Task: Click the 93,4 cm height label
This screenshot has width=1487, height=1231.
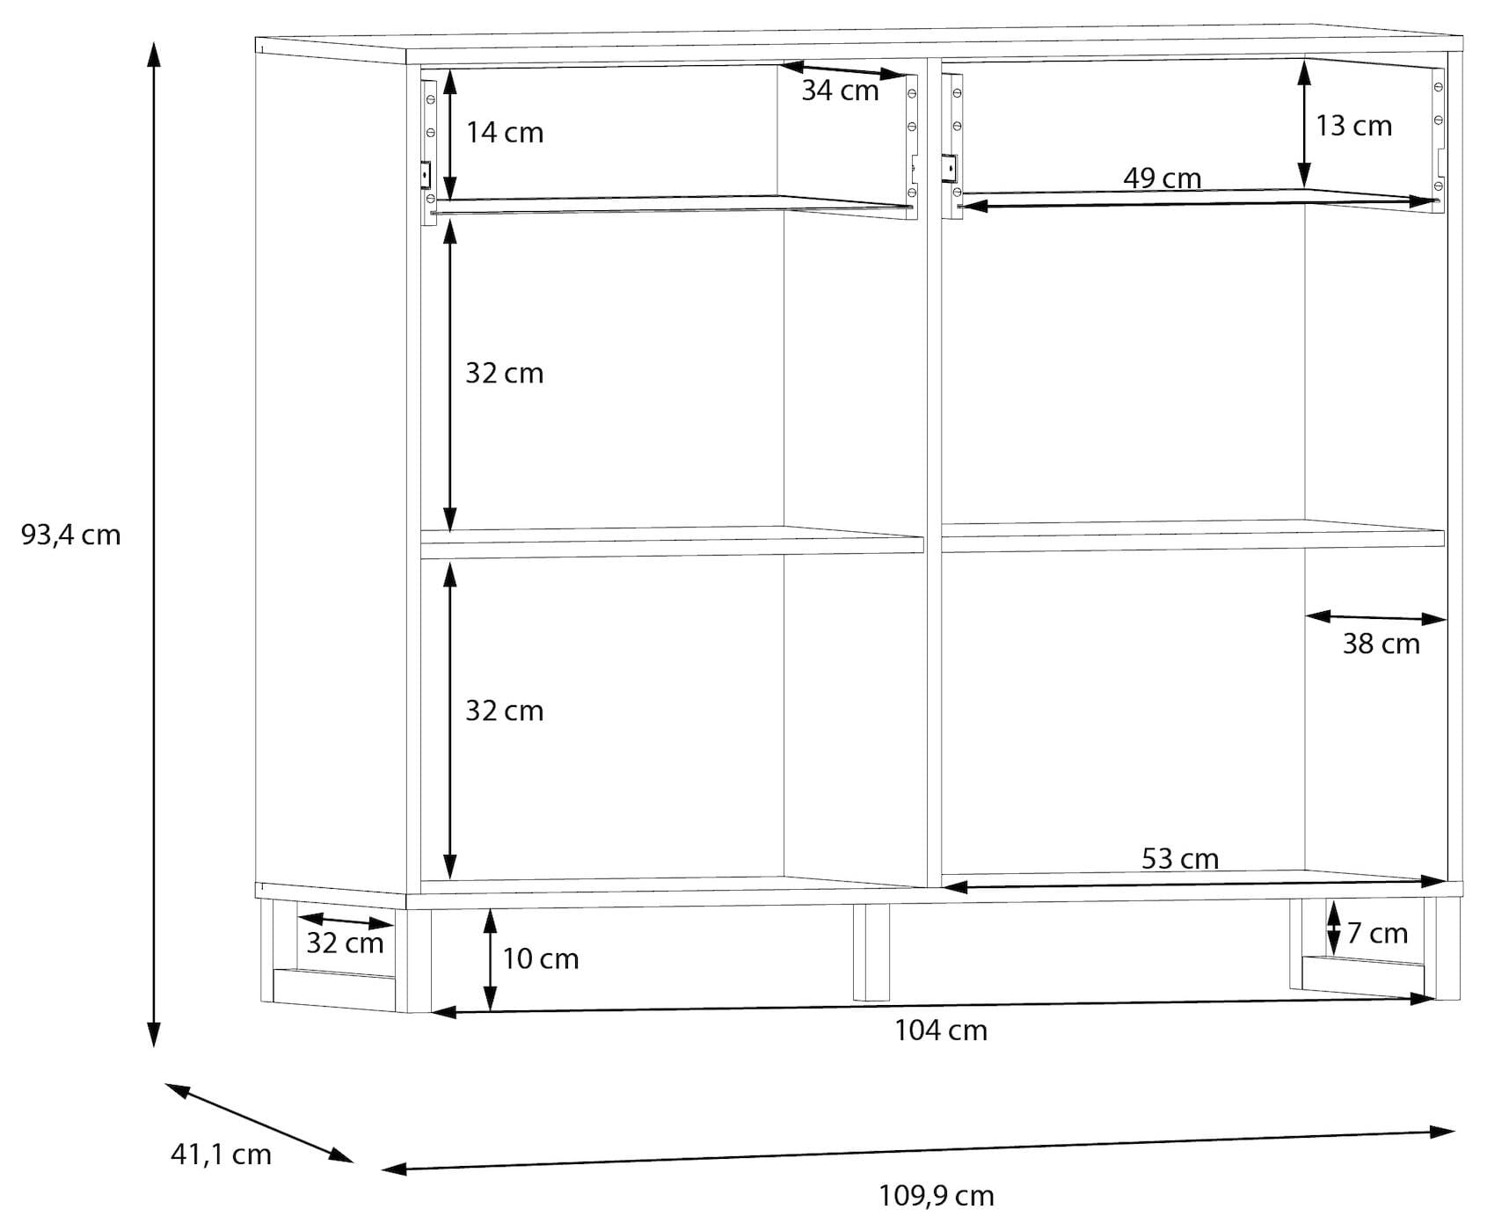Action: [70, 535]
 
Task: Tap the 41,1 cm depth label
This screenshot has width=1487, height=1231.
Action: [221, 1154]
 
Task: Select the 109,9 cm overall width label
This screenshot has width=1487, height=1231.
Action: [937, 1196]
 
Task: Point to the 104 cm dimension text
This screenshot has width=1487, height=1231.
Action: [941, 1030]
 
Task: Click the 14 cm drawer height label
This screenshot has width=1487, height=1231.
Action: [505, 133]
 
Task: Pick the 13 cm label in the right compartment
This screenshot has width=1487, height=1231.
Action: [1354, 126]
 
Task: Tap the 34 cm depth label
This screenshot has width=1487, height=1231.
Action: [840, 91]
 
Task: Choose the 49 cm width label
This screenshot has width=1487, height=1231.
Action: [1163, 178]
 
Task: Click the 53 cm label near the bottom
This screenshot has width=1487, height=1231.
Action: [1180, 858]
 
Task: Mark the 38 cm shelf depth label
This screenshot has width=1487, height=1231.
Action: [1381, 644]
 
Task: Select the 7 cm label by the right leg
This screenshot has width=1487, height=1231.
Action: [1377, 933]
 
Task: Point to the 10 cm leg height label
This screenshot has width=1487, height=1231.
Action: [541, 958]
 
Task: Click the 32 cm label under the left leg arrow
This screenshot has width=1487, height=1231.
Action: [345, 943]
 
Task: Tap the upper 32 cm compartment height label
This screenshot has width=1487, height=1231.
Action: [505, 373]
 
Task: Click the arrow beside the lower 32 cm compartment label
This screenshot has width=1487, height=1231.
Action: [449, 721]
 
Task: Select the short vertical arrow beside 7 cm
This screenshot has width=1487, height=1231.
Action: [1333, 927]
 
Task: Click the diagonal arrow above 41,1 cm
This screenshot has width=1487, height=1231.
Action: [259, 1123]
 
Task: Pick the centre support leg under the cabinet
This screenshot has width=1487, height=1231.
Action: [871, 952]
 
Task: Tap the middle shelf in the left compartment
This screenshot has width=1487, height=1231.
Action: [672, 543]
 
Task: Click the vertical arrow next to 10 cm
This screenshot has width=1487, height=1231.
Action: [490, 960]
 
